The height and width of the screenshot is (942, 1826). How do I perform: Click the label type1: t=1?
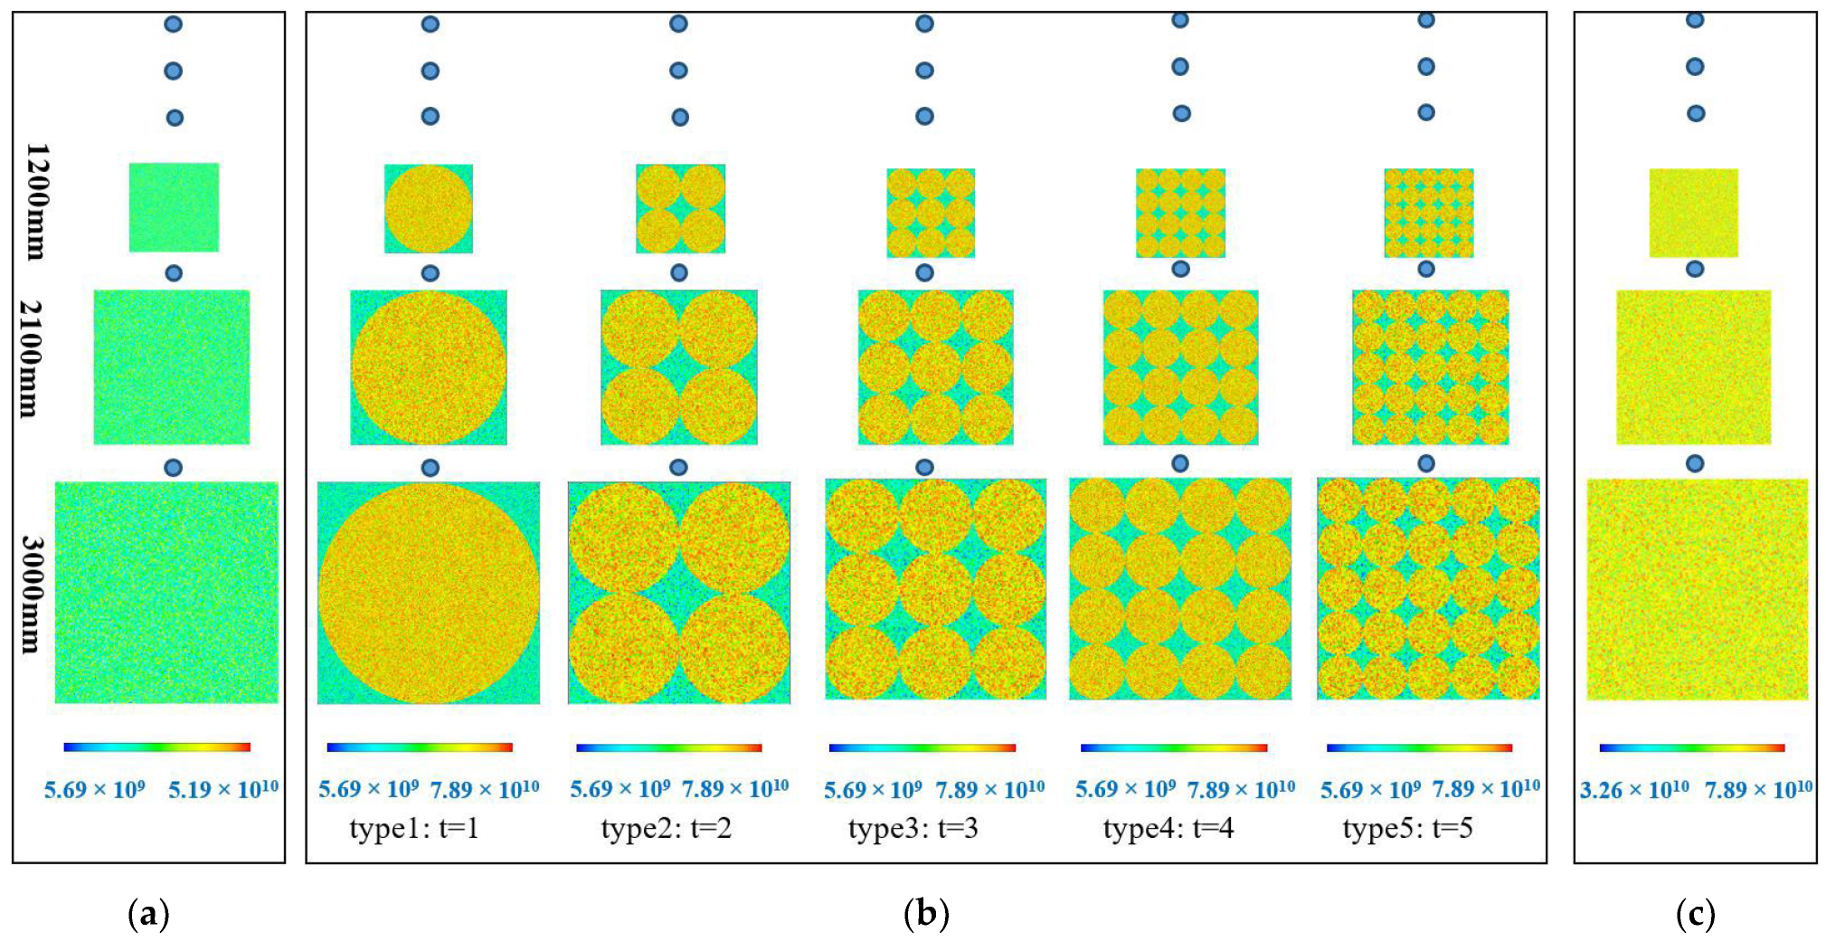click(x=413, y=828)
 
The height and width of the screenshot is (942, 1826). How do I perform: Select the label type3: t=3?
click(x=913, y=828)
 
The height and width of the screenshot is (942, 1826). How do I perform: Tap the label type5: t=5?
click(x=1407, y=828)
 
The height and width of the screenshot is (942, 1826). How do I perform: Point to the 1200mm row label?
click(x=36, y=201)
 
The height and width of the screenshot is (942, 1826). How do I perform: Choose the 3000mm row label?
click(x=31, y=594)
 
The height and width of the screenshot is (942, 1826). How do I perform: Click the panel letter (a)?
click(x=148, y=915)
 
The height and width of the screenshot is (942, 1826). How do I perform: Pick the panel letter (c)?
click(x=1695, y=915)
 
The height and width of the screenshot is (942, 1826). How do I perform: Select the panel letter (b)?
click(x=926, y=915)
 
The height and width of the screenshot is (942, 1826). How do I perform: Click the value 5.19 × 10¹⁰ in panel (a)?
click(x=223, y=790)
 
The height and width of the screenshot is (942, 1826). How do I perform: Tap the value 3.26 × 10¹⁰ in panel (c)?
click(x=1633, y=790)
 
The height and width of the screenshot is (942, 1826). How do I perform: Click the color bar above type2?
click(x=668, y=747)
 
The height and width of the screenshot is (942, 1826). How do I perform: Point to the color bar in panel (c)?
click(x=1691, y=747)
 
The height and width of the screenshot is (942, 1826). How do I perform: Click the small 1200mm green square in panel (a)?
click(x=174, y=207)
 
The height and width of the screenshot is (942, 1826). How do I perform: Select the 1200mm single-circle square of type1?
click(x=429, y=208)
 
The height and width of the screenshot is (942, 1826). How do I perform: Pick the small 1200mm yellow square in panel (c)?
click(x=1693, y=213)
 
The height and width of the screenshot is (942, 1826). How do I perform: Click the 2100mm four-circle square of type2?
click(x=679, y=367)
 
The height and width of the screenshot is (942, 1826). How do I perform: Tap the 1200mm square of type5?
click(x=1428, y=213)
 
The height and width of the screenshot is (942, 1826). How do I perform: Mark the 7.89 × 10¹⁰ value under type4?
click(x=1240, y=790)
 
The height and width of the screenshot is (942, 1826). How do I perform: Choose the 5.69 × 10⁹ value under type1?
click(x=368, y=789)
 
